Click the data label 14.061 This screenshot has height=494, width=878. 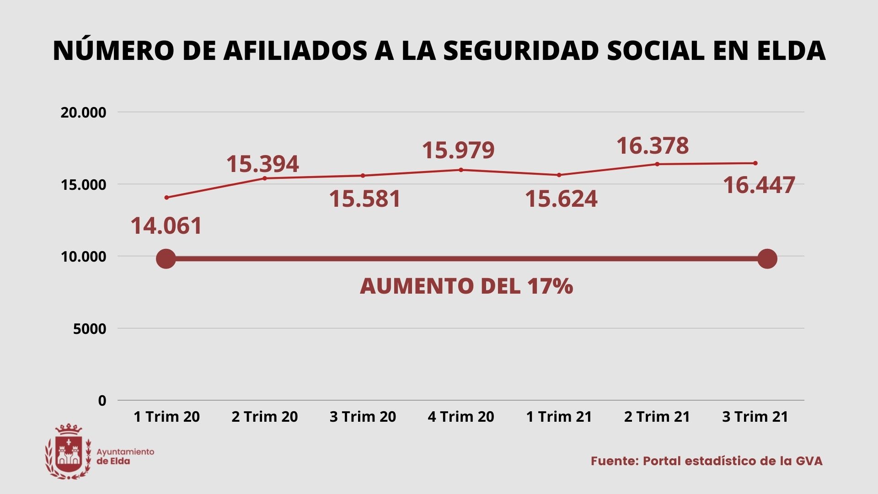[x=166, y=226]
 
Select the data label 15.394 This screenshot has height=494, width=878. [x=262, y=164]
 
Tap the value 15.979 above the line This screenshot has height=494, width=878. [x=458, y=150]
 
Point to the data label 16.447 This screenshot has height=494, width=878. [x=759, y=185]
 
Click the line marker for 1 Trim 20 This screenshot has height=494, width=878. [x=166, y=198]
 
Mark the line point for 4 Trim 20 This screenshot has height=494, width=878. [x=461, y=170]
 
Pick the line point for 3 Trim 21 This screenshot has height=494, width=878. [x=755, y=163]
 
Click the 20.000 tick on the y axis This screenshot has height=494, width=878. [x=83, y=113]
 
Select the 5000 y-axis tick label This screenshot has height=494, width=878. [x=90, y=328]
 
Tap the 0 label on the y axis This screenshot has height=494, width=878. [x=102, y=401]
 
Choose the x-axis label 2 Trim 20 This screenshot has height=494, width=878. [x=264, y=417]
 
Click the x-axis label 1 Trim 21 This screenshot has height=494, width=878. [x=559, y=417]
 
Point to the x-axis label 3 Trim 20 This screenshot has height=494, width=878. [x=363, y=417]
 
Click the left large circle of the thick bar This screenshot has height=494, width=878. [x=166, y=259]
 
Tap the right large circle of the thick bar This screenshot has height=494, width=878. [x=767, y=259]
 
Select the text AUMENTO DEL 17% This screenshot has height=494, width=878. [x=466, y=286]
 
